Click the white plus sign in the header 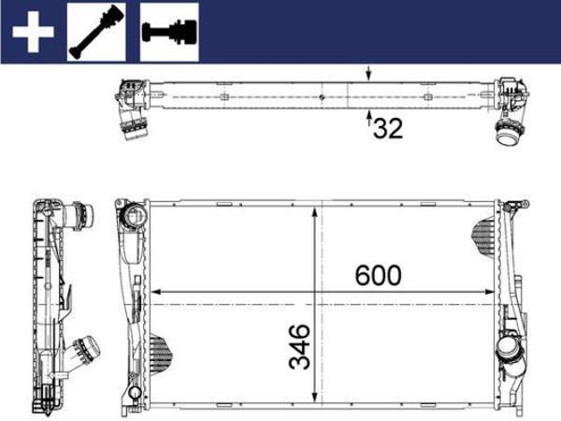pos(32,34)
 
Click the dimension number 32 pos(388,128)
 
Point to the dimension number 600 pos(378,275)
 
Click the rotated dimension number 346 pos(300,346)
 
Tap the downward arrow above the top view pos(369,74)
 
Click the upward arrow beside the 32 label pos(369,119)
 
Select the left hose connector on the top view pos(131,122)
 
